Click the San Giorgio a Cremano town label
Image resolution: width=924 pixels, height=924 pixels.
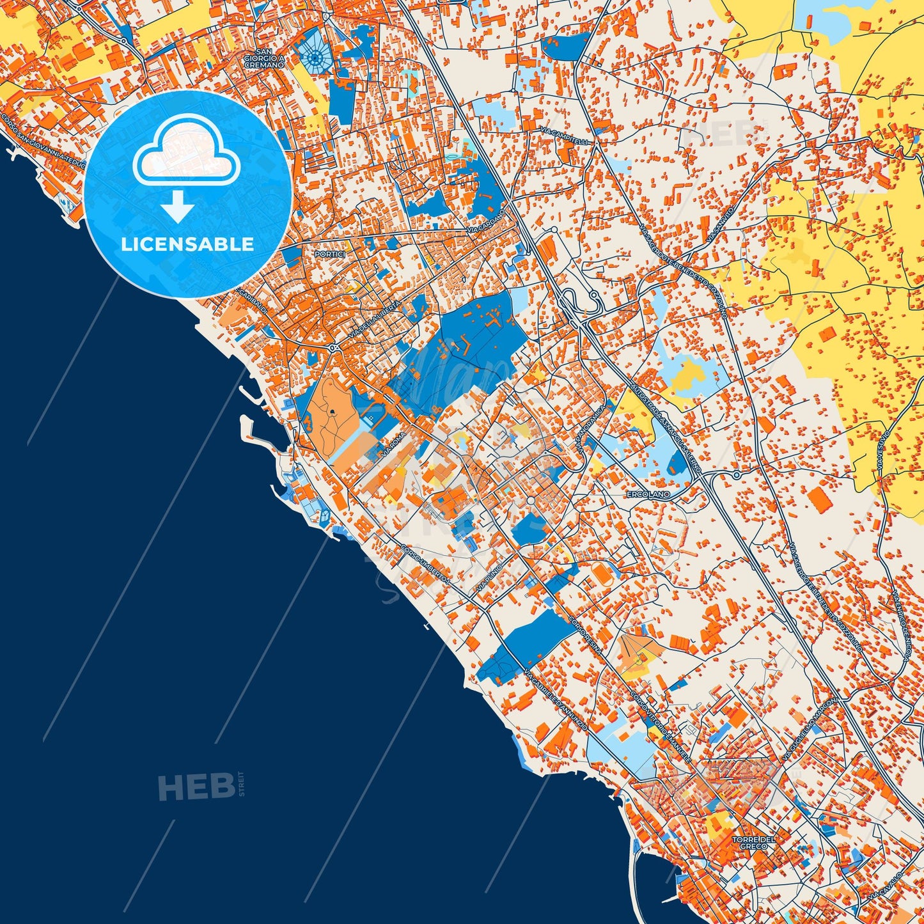(x=264, y=58)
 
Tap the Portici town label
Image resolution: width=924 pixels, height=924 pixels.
(x=329, y=254)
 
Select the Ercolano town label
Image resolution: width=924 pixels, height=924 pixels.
(x=648, y=494)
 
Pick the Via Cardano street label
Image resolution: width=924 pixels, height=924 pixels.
(x=486, y=221)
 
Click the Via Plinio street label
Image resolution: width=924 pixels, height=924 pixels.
(x=489, y=577)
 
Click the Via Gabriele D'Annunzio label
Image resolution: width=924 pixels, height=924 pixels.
(x=554, y=701)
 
